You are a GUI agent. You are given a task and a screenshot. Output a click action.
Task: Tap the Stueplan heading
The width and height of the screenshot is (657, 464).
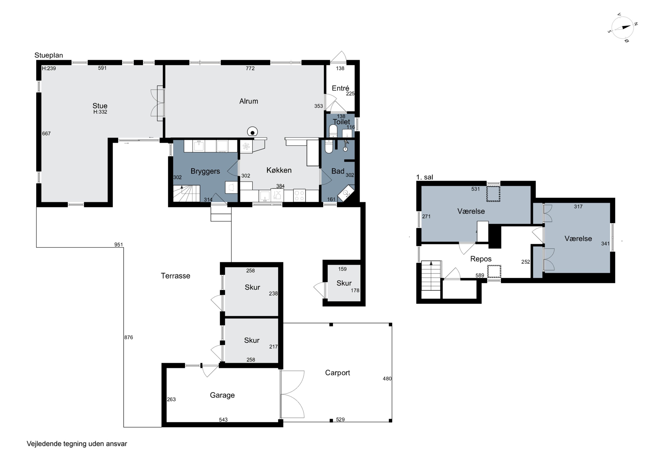pyautogui.click(x=49, y=55)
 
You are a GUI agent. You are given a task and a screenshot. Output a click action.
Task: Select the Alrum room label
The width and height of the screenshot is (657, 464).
pyautogui.click(x=249, y=101)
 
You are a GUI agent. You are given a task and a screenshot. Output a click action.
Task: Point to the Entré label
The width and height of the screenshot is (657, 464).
pyautogui.click(x=340, y=88)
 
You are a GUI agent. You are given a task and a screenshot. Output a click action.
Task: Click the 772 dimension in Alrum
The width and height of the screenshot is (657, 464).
pyautogui.click(x=250, y=68)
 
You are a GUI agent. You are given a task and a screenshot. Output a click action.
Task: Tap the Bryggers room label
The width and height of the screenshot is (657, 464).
pyautogui.click(x=205, y=171)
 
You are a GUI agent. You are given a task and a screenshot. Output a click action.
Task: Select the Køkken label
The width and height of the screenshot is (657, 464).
pyautogui.click(x=279, y=170)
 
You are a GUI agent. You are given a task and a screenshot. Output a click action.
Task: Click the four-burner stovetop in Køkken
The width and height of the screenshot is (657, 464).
pyautogui.click(x=299, y=196)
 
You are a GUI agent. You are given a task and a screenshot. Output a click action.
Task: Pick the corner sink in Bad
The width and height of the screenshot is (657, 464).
pyautogui.click(x=346, y=194)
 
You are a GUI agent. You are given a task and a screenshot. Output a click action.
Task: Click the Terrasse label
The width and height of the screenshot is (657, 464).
pyautogui.click(x=175, y=276)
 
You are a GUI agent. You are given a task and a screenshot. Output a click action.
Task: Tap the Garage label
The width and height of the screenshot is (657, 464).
pyautogui.click(x=222, y=395)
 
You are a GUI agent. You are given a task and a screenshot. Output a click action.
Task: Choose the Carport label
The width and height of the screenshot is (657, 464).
pyautogui.click(x=337, y=373)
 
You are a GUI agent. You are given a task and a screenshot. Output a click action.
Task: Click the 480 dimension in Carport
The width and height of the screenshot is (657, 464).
pyautogui.click(x=387, y=378)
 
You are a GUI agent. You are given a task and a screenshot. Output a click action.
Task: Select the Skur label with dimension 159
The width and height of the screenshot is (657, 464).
pyautogui.click(x=344, y=283)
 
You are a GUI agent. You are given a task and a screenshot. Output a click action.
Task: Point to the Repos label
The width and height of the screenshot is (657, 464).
pyautogui.click(x=481, y=259)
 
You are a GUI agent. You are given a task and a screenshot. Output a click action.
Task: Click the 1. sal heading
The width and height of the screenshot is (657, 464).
pyautogui.click(x=424, y=177)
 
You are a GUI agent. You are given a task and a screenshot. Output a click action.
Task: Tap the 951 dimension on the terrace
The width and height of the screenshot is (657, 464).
pyautogui.click(x=118, y=245)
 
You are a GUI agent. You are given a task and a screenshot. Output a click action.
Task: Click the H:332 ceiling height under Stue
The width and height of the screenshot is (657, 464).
pyautogui.click(x=100, y=112)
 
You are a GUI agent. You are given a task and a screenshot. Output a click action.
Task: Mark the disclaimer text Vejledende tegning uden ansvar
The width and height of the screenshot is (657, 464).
pyautogui.click(x=77, y=444)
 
